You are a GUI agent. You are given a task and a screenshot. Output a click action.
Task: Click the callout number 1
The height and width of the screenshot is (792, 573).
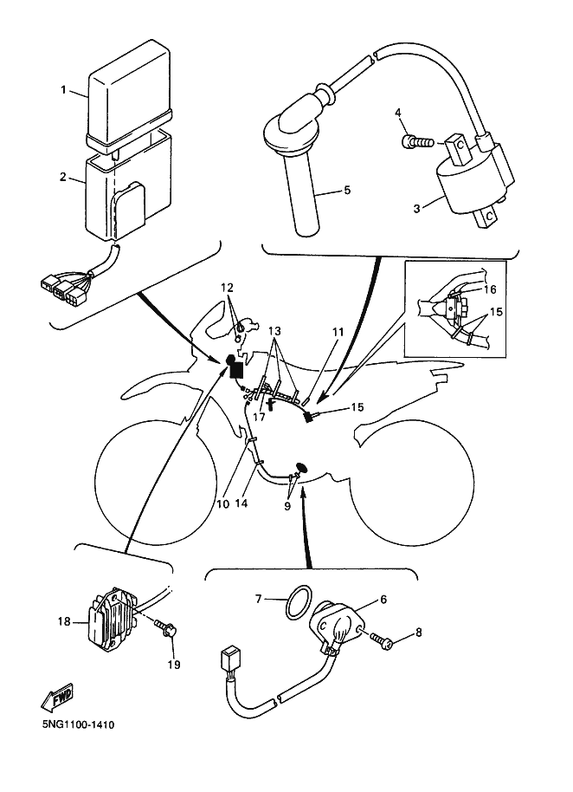click(x=63, y=90)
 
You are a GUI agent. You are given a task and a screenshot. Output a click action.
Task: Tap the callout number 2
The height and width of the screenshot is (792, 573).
click(x=63, y=178)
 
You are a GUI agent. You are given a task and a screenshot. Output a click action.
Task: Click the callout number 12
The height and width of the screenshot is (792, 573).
click(x=227, y=287)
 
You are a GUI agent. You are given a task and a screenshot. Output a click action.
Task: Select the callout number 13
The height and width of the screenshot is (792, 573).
click(x=274, y=331)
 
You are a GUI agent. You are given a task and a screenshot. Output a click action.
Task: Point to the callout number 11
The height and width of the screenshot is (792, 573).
click(x=337, y=332)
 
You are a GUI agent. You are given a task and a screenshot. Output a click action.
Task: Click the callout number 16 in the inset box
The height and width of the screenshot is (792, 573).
click(x=491, y=289)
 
